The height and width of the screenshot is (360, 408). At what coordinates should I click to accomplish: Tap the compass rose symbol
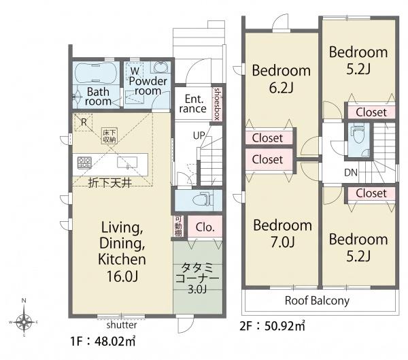[x=24, y=322]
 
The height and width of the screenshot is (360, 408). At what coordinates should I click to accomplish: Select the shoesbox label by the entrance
[x=217, y=104]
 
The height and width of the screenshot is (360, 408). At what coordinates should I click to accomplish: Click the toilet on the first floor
[x=201, y=200]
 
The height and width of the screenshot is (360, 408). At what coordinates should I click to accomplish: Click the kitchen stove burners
[x=84, y=163]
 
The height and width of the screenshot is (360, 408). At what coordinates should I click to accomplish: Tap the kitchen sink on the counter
[x=127, y=162]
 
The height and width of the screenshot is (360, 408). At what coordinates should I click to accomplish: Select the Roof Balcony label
[x=317, y=301]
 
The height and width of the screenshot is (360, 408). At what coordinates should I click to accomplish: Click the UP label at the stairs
[x=199, y=135]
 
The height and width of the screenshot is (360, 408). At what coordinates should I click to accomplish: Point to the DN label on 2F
[x=351, y=172]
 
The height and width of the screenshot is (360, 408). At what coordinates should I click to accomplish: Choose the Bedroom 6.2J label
[x=282, y=79]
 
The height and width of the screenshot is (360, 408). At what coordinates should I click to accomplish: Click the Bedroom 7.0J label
[x=283, y=233]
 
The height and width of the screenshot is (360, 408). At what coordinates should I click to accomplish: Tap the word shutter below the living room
[x=122, y=325]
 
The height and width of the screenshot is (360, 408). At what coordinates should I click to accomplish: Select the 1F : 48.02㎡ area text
[x=103, y=341]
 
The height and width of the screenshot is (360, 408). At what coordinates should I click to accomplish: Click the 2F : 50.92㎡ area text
[x=272, y=325]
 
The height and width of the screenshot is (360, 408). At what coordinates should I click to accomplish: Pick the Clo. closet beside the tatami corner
[x=205, y=227]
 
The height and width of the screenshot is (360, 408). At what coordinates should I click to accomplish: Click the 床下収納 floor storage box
[x=109, y=135]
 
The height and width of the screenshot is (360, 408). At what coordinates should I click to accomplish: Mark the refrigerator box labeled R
[x=83, y=122]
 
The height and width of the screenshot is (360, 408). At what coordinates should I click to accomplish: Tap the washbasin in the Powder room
[x=160, y=67]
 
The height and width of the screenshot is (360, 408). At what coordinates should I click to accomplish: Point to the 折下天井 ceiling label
[x=109, y=183]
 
